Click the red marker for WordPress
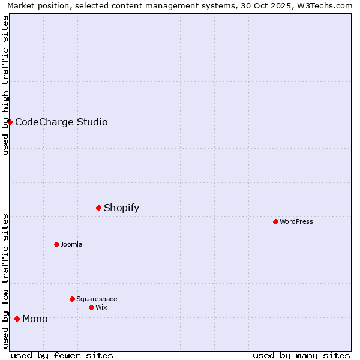coord(275,221)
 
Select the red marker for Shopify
coord(98,208)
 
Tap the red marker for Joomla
coord(56,244)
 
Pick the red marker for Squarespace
coord(72,299)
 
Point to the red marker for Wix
coord(91,307)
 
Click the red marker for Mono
coord(17,319)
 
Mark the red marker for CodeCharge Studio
coord(10,122)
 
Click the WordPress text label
coord(296,221)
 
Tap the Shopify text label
coord(121,208)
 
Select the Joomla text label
coord(71,244)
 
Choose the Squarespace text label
coord(97,299)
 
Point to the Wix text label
coord(101,307)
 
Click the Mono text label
coord(35,319)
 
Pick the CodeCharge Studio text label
coord(61,122)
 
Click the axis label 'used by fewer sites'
coord(62,355)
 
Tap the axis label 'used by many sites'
coord(301,355)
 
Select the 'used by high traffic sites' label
coord(5,85)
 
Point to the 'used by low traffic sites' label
coord(5,281)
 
